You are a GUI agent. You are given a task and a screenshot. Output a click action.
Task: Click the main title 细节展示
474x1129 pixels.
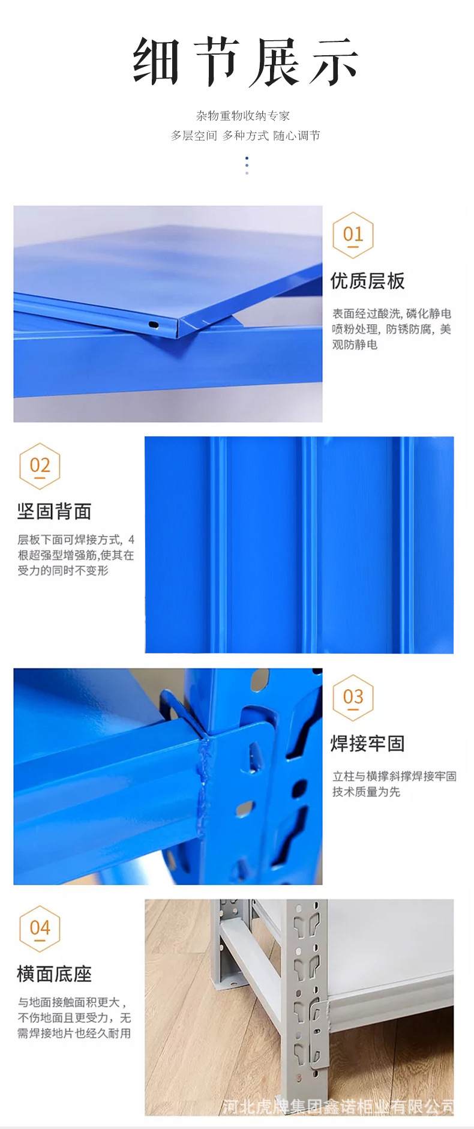coord(245,61)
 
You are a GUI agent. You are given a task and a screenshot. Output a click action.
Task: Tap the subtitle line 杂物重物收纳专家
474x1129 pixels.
coord(242,116)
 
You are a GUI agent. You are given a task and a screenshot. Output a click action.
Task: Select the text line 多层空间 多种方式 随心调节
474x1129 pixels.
coord(245,136)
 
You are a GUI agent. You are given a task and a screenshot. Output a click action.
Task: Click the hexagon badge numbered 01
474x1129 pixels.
coord(353,235)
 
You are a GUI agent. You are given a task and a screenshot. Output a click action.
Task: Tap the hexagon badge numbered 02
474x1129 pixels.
coord(40,466)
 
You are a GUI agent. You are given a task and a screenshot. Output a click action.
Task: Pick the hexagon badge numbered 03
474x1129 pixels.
coord(353,697)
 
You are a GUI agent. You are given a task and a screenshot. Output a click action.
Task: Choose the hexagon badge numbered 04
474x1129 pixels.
coord(40,929)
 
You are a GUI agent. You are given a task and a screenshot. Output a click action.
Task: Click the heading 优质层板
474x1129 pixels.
coord(367,281)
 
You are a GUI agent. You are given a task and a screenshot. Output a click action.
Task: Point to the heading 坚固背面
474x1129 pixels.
coord(54,512)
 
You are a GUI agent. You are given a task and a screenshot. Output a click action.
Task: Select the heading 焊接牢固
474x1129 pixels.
coord(367,744)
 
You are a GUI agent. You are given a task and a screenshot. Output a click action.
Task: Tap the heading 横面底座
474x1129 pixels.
coord(54,974)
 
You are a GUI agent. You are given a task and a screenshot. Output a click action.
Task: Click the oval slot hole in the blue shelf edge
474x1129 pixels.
coord(154,325)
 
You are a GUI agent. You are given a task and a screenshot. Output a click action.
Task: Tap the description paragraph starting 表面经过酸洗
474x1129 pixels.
coord(391,329)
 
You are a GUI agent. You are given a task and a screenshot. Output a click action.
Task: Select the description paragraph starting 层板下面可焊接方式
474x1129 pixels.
coord(76,555)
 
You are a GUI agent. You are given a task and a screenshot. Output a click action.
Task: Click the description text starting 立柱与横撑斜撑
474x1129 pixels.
coord(394,784)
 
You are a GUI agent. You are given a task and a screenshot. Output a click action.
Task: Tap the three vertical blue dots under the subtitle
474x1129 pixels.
coord(247,165)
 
